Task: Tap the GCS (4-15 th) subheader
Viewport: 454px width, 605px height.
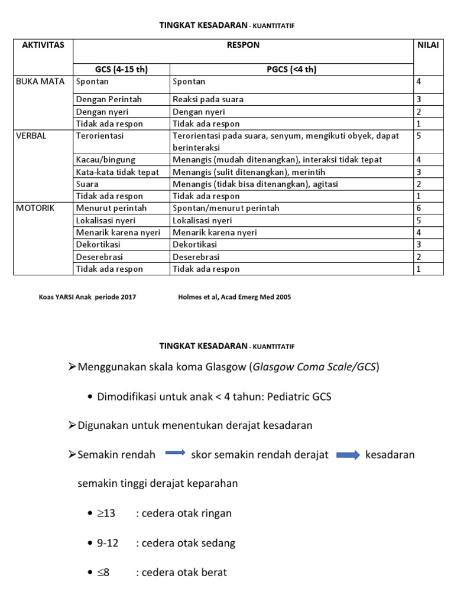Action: pyautogui.click(x=121, y=69)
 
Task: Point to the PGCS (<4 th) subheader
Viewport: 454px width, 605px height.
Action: pyautogui.click(x=291, y=69)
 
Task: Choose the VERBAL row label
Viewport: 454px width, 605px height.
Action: pyautogui.click(x=31, y=135)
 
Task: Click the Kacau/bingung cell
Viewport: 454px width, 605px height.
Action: pyautogui.click(x=106, y=160)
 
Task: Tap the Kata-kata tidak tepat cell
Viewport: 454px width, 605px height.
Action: pyautogui.click(x=117, y=172)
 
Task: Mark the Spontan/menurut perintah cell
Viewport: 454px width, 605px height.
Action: pyautogui.click(x=226, y=208)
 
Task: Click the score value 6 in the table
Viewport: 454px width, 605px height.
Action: pyautogui.click(x=419, y=208)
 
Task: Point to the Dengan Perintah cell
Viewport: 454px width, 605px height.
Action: pyautogui.click(x=109, y=99)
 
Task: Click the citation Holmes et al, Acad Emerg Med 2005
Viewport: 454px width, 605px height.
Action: pyautogui.click(x=234, y=297)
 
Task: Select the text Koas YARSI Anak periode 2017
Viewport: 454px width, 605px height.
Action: pyautogui.click(x=87, y=297)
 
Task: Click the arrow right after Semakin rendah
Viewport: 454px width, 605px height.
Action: pyautogui.click(x=175, y=454)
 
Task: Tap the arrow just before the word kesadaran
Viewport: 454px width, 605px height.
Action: pyautogui.click(x=348, y=454)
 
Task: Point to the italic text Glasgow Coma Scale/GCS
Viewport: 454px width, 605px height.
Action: pyautogui.click(x=313, y=367)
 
